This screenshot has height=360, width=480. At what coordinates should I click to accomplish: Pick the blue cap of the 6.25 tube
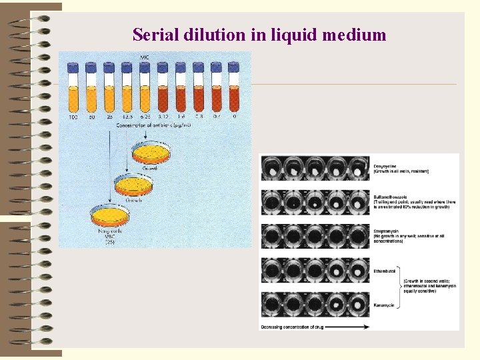pyautogui.click(x=144, y=67)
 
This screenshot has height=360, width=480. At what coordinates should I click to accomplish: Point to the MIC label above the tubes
pyautogui.click(x=144, y=57)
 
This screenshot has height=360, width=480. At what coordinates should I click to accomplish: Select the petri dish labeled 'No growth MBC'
pyautogui.click(x=109, y=215)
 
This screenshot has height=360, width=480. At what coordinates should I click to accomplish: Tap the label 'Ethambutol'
pyautogui.click(x=385, y=271)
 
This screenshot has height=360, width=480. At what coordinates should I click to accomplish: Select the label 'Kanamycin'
pyautogui.click(x=384, y=305)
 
